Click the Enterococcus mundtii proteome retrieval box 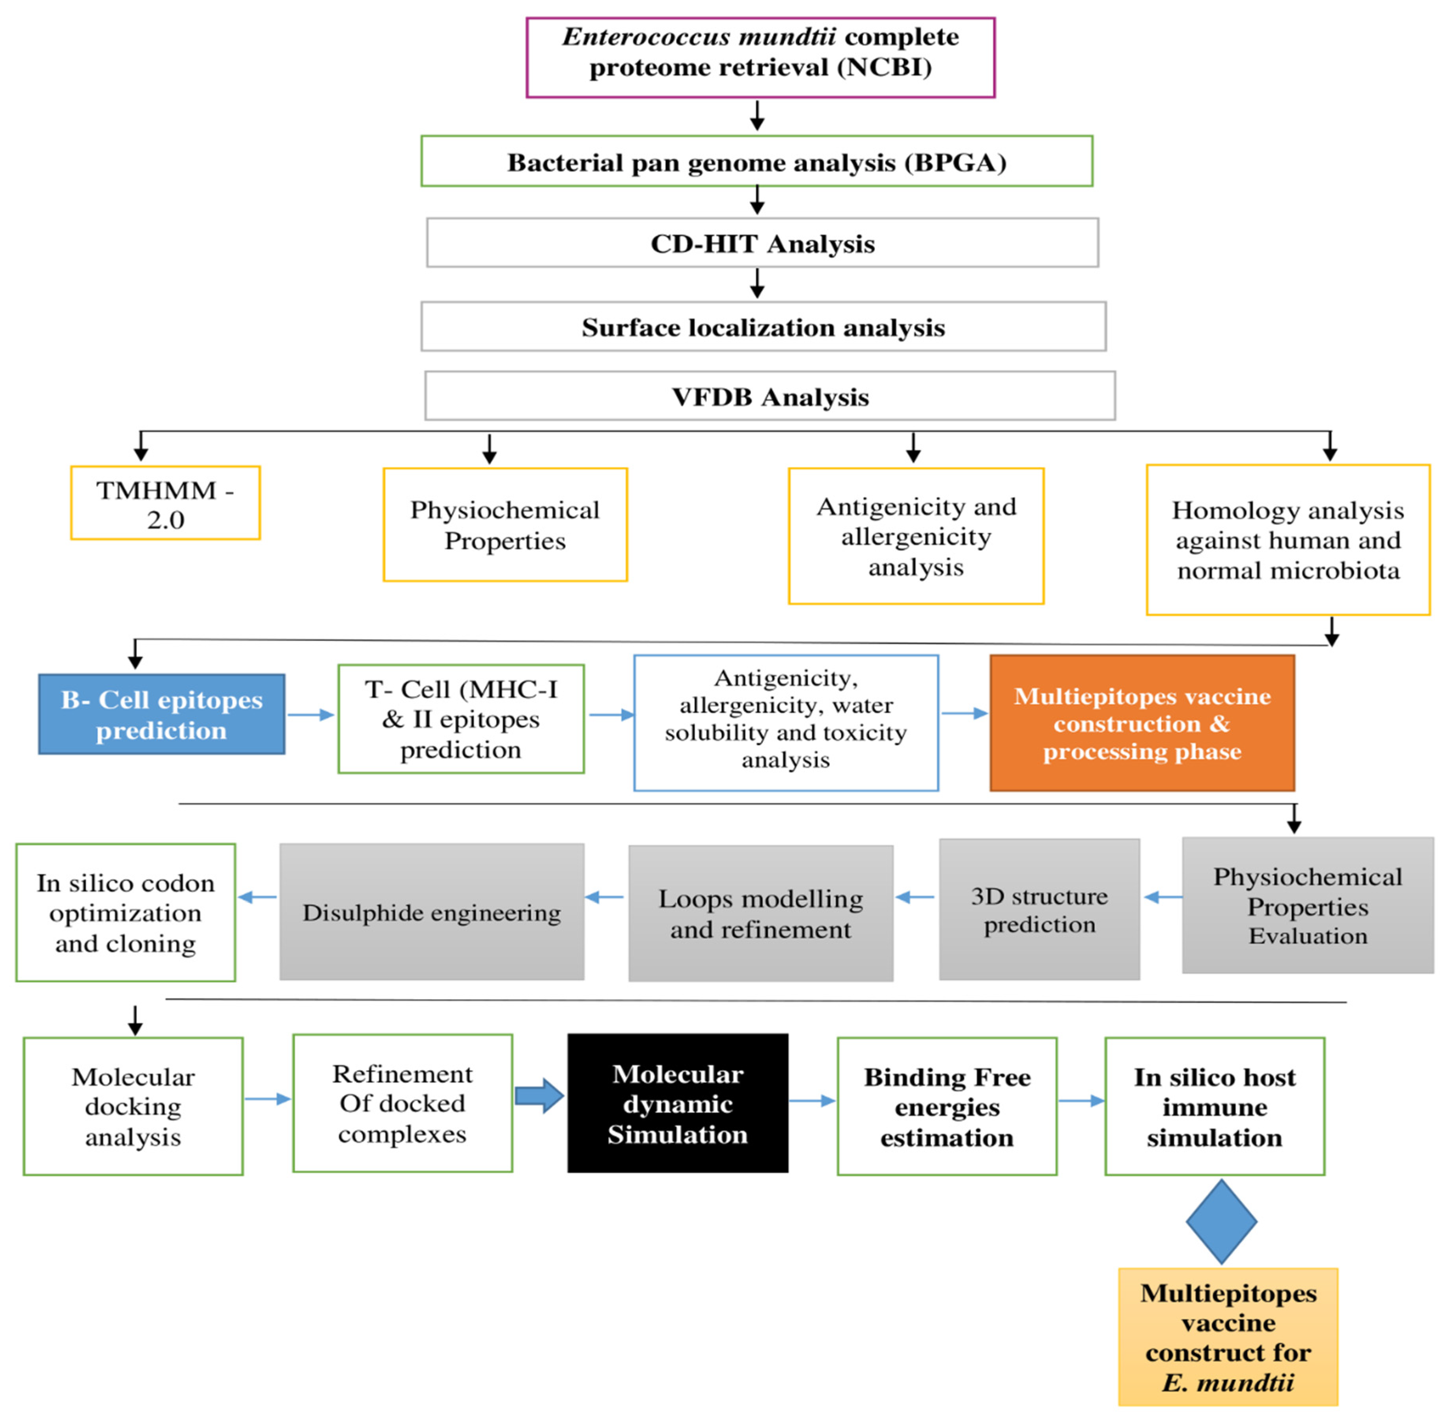[x=760, y=58]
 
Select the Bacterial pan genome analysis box [x=756, y=161]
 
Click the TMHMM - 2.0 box [x=165, y=503]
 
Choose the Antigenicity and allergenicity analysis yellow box [x=915, y=536]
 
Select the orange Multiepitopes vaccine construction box [x=1142, y=723]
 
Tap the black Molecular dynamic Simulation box [x=677, y=1103]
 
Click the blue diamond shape [x=1221, y=1222]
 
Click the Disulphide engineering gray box [x=431, y=912]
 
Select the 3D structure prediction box [x=1039, y=910]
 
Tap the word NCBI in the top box [x=884, y=68]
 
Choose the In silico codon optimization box [x=125, y=912]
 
